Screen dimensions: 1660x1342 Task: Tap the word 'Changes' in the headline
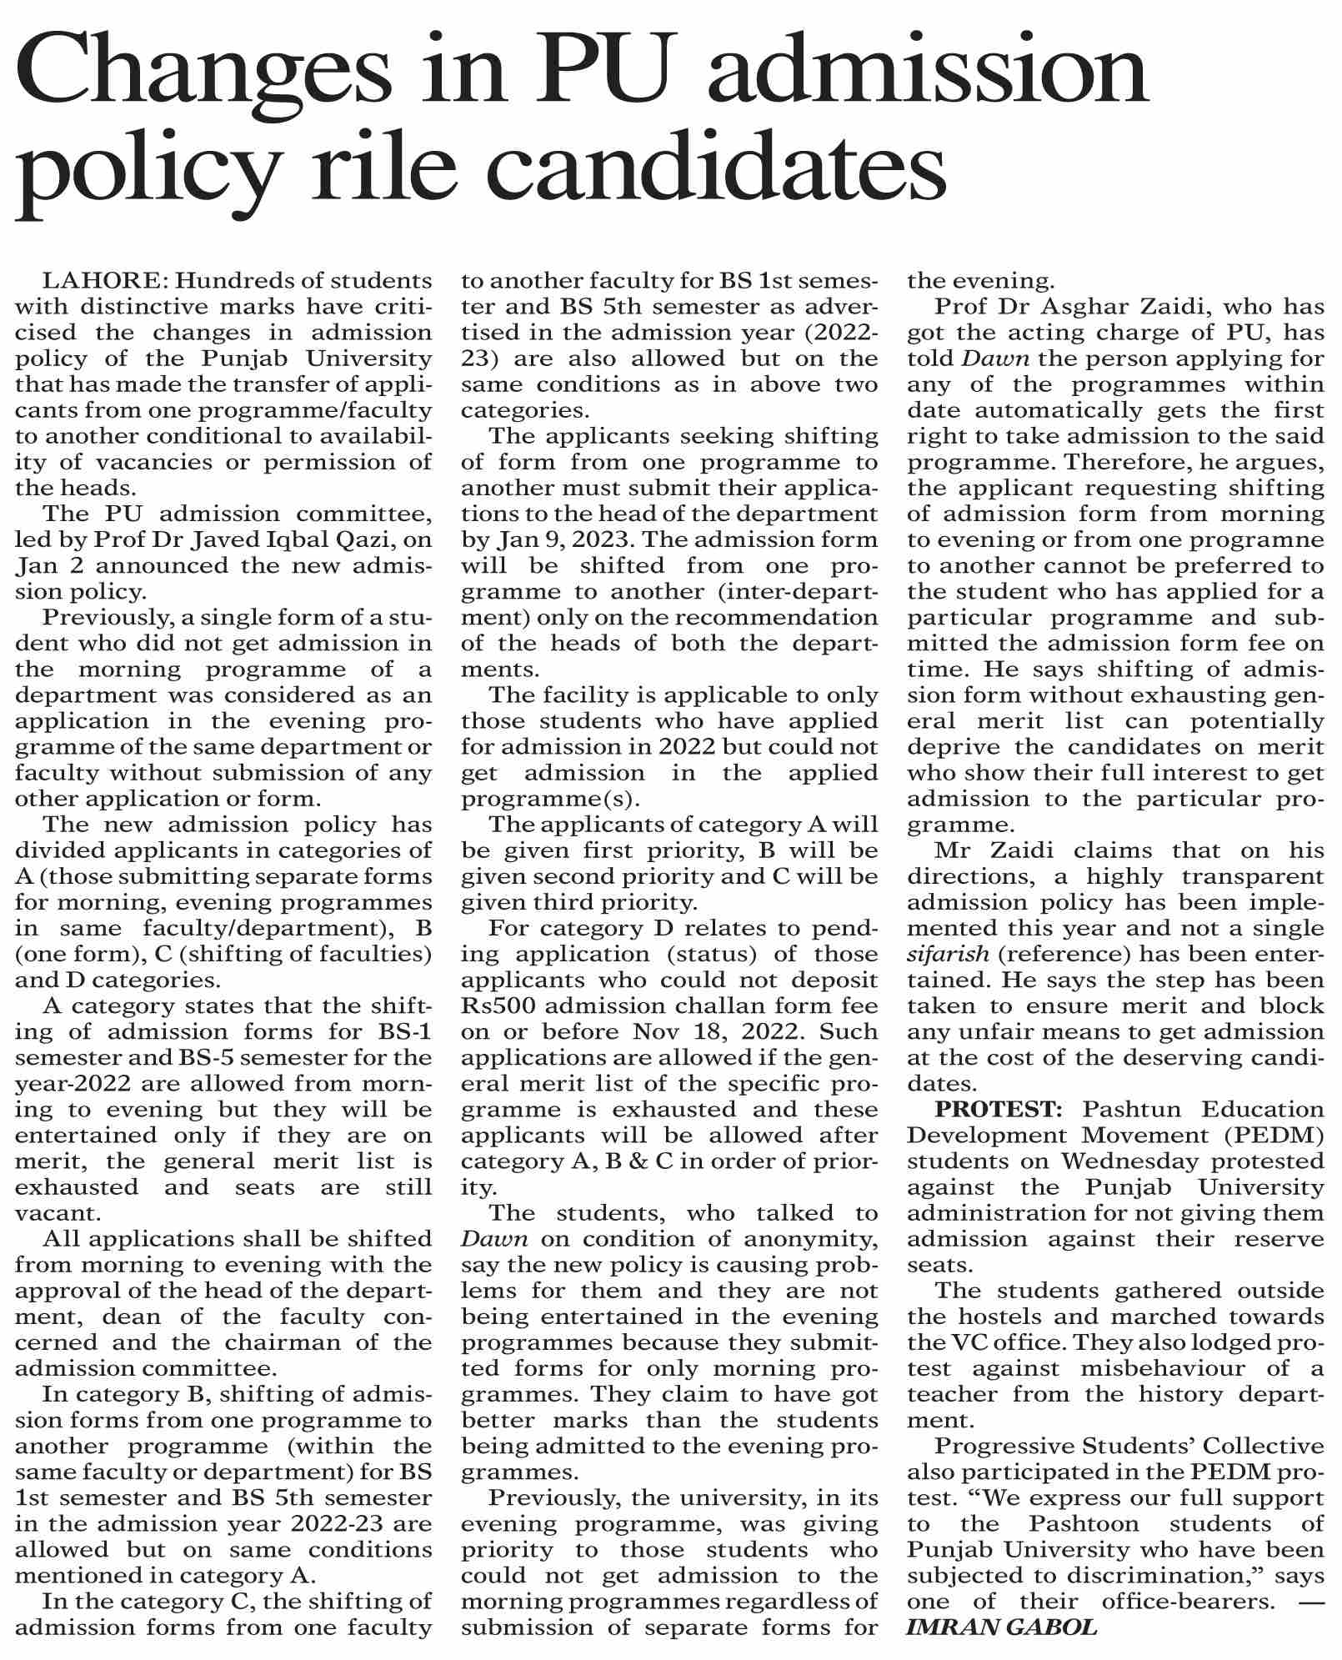(203, 75)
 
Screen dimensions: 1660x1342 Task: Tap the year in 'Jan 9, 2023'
(593, 539)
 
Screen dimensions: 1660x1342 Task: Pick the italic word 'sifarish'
(948, 954)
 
